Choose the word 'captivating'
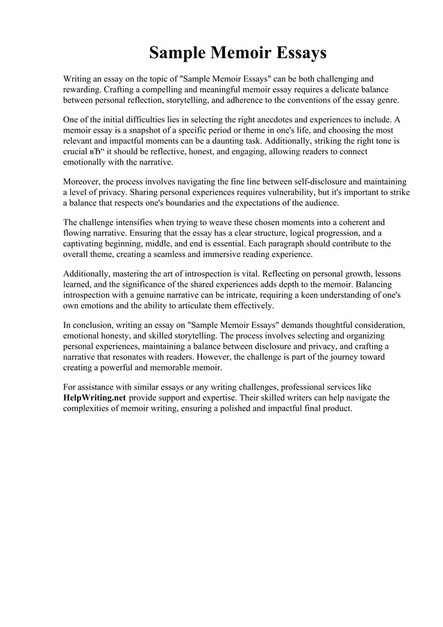(x=88, y=244)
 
